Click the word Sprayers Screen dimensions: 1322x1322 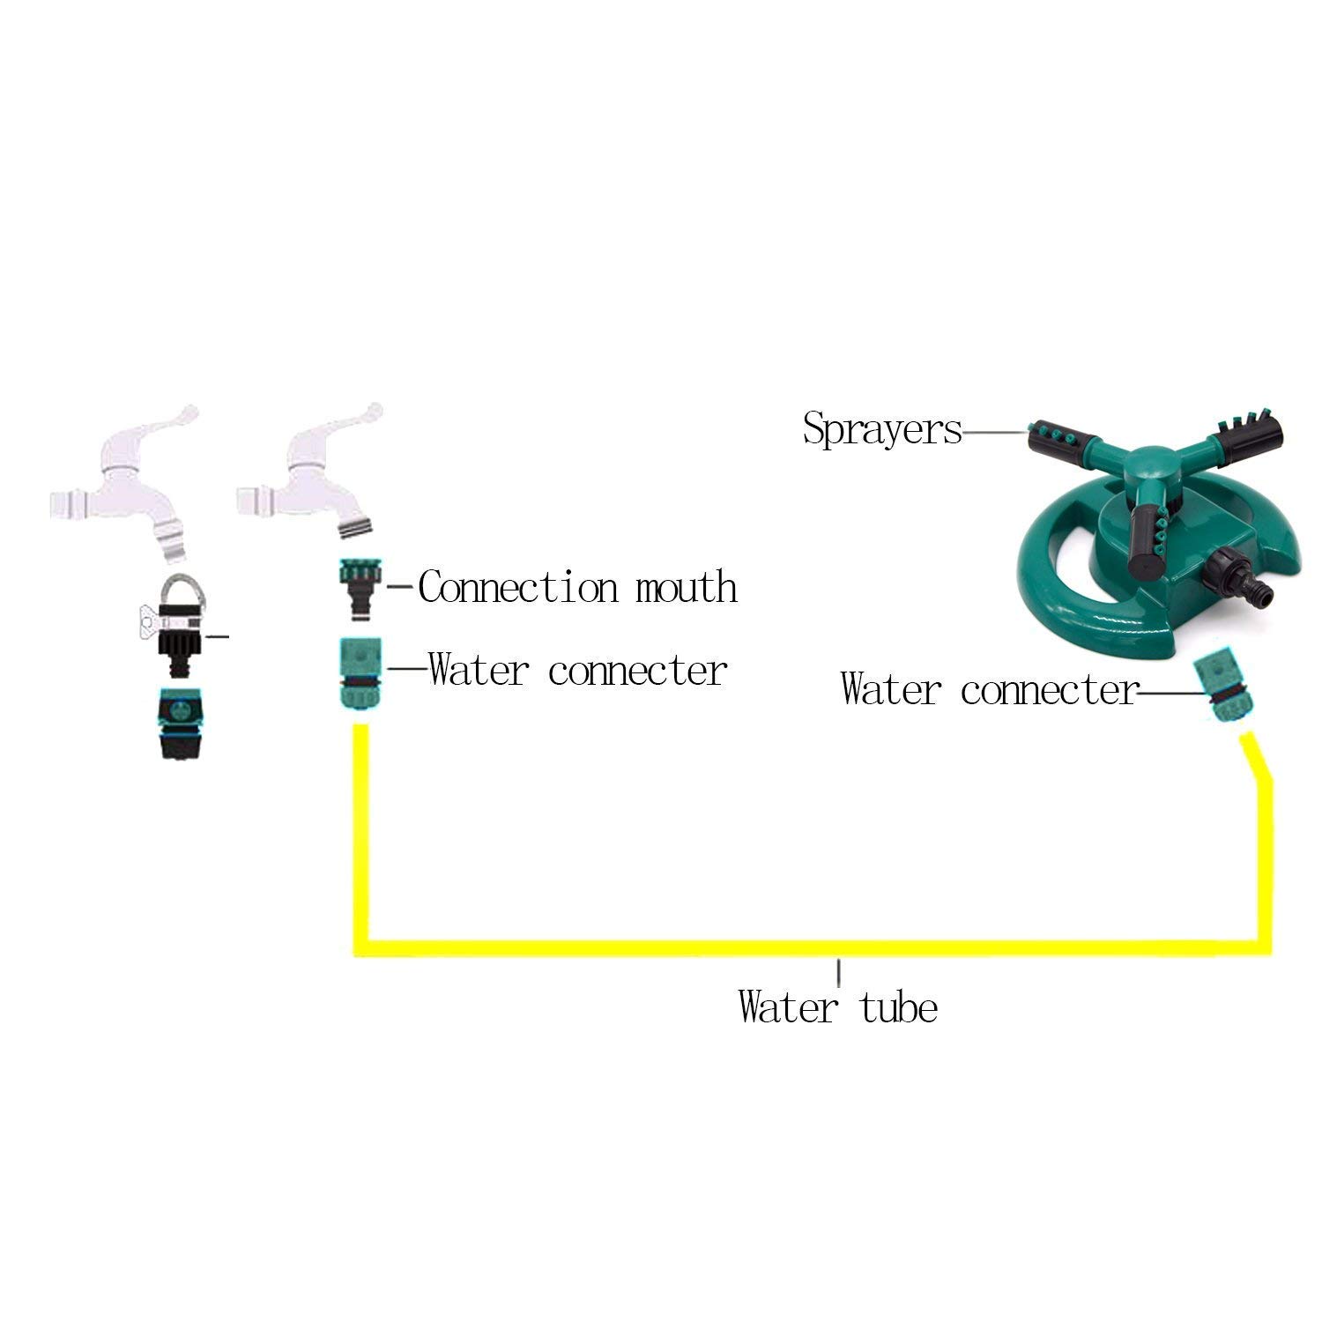point(881,429)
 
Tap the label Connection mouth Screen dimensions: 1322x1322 point(577,586)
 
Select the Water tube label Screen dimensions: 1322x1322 point(837,1006)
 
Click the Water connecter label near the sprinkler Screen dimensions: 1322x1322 point(989,688)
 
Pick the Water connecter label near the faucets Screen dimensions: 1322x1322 point(577,670)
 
